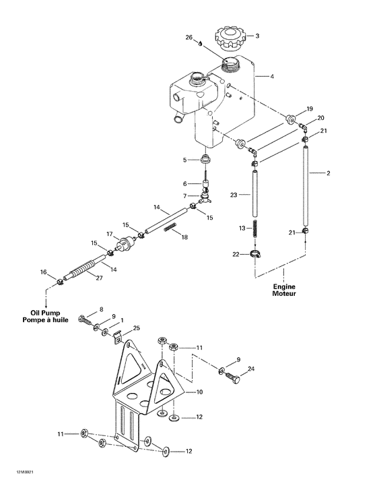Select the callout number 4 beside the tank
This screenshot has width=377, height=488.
[x=272, y=77]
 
